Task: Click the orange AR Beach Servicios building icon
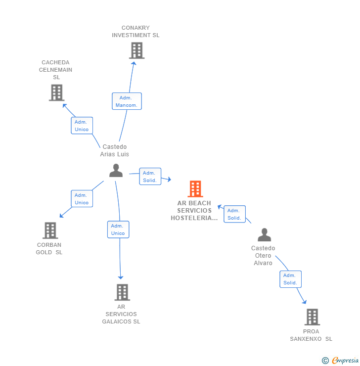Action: click(195, 189)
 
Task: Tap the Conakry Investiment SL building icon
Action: click(136, 50)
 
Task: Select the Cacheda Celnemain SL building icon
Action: click(57, 92)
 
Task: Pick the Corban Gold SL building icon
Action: click(50, 230)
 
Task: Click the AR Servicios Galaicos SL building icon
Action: click(122, 292)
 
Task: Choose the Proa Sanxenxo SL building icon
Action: click(312, 317)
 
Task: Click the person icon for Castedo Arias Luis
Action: click(116, 171)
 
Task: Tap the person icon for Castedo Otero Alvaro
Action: click(265, 235)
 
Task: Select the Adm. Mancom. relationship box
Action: click(127, 101)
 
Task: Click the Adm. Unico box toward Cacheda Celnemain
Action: click(82, 126)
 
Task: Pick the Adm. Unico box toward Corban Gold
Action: click(82, 199)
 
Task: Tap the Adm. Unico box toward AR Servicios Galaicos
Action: click(118, 229)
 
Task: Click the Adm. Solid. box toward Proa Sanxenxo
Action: click(290, 279)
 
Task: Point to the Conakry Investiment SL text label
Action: click(135, 32)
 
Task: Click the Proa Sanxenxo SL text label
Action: click(311, 335)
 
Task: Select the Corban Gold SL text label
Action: click(49, 248)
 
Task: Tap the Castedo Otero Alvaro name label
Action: click(263, 255)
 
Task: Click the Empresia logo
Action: click(342, 361)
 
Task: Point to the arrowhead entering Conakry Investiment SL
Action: click(134, 63)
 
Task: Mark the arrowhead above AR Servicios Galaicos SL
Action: click(121, 277)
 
